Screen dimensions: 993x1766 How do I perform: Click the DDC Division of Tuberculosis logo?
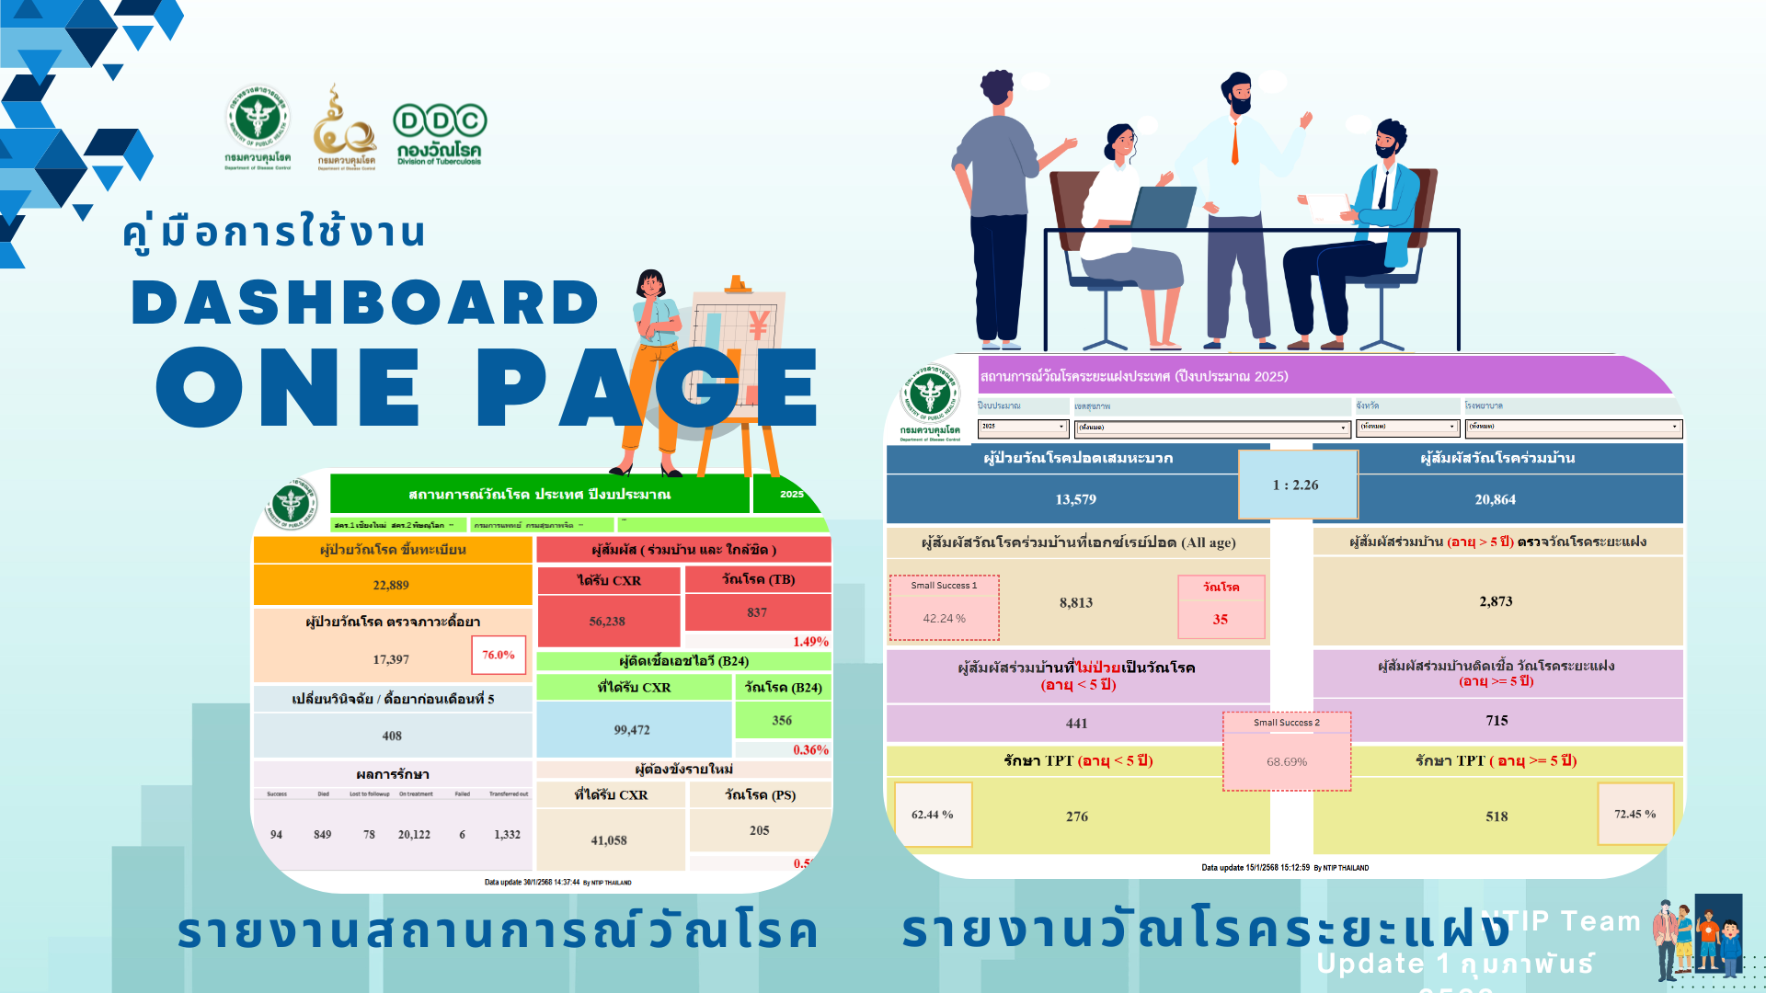(440, 134)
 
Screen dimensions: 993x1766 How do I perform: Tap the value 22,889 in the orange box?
(391, 585)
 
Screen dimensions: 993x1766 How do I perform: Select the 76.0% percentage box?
(499, 655)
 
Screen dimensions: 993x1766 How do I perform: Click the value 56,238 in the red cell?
(607, 622)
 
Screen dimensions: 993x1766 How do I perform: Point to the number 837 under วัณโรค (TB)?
(757, 612)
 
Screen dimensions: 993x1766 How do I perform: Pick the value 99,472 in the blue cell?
(632, 730)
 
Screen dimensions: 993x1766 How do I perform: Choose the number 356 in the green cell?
(782, 721)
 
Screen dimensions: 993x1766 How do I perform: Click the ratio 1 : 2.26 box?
(1296, 485)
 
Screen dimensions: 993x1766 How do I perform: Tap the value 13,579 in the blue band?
(1075, 499)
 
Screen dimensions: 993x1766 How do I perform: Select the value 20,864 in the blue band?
(1495, 499)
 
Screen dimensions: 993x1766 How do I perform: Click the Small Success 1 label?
(944, 585)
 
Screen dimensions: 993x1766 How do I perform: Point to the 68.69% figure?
(1286, 761)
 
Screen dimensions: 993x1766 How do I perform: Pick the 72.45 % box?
(1634, 814)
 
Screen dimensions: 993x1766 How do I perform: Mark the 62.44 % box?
(933, 815)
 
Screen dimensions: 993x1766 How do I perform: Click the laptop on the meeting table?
(1162, 207)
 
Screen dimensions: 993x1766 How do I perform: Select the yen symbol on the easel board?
(759, 325)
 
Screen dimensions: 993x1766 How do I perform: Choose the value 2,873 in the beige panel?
(1496, 601)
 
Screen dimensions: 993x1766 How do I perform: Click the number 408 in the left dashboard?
(392, 736)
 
